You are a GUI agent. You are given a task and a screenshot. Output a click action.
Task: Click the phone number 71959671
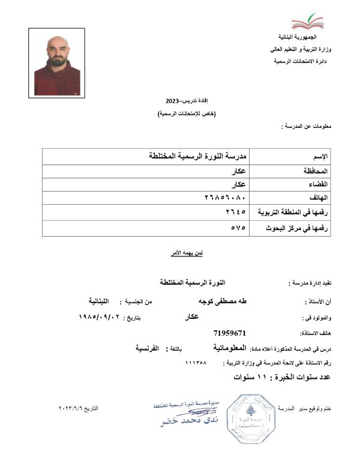click(x=230, y=332)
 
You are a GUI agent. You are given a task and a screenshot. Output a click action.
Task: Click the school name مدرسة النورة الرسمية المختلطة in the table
click(x=198, y=156)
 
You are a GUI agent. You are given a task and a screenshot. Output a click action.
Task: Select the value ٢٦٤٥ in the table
click(x=236, y=212)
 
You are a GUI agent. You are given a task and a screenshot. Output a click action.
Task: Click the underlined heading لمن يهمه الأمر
click(x=187, y=253)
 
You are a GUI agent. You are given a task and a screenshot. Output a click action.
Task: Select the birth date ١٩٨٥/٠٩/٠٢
click(x=100, y=316)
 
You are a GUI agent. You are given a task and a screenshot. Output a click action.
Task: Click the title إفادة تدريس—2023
click(x=186, y=101)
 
